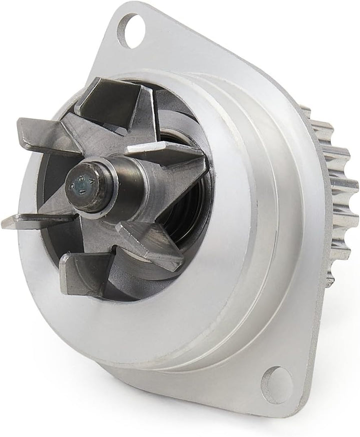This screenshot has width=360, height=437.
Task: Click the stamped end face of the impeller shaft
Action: click(82, 184)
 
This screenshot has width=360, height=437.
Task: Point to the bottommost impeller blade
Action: click(85, 272)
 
